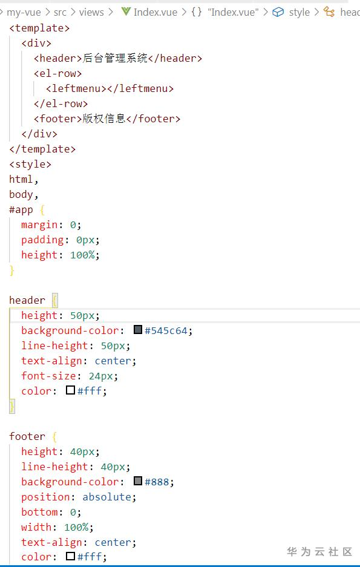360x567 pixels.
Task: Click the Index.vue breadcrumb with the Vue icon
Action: (149, 12)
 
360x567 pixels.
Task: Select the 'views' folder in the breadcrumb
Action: (91, 12)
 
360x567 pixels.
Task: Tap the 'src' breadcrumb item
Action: (60, 12)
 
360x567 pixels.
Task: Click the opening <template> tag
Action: (39, 28)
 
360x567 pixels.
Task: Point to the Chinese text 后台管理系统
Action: (115, 58)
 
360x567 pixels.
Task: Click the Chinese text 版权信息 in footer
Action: (104, 119)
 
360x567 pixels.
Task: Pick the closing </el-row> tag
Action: (61, 104)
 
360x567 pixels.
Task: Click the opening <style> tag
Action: (30, 164)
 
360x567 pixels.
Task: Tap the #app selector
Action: (21, 210)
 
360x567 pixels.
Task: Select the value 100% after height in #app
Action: (82, 255)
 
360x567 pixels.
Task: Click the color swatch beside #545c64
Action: (138, 329)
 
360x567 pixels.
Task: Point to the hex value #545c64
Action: (166, 330)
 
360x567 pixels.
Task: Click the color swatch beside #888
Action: (138, 480)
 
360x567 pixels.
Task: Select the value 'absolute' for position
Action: (106, 497)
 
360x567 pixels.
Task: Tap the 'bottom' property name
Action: (39, 512)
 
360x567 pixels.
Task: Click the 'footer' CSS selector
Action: (27, 436)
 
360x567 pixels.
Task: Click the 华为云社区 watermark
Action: (319, 552)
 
